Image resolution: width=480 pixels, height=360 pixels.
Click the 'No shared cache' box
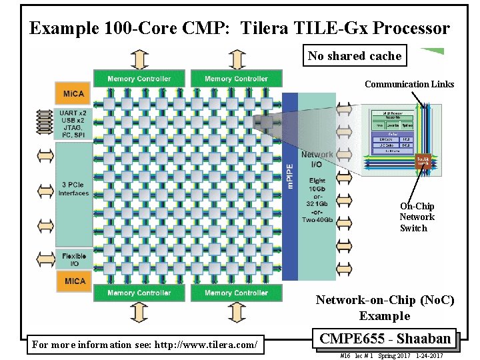pos(355,56)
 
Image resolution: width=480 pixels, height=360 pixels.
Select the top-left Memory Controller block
pos(139,79)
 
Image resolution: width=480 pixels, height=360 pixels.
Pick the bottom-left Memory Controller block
pos(139,293)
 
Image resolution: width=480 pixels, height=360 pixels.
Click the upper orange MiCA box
pos(74,93)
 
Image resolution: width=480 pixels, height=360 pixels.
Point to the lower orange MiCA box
pos(74,281)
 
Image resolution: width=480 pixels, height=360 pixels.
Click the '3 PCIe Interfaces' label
pos(73,189)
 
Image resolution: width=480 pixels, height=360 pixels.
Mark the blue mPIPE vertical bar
pos(290,187)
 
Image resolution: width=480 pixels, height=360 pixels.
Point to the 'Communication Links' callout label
pos(409,84)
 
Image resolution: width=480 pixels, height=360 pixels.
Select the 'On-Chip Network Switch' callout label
pos(417,217)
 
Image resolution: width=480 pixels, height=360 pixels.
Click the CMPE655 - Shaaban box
pos(385,339)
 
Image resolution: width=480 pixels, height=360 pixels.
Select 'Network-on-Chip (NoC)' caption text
pos(385,301)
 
